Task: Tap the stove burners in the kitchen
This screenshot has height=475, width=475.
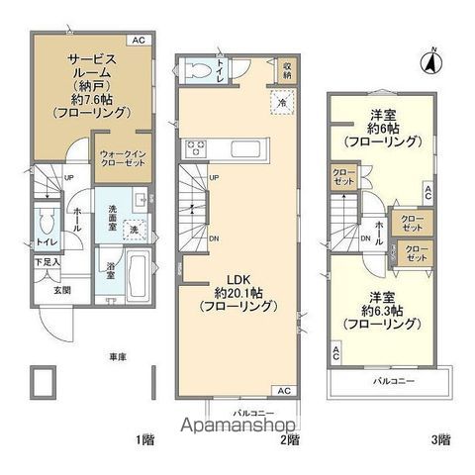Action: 192,150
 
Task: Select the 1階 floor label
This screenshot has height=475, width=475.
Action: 145,437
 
